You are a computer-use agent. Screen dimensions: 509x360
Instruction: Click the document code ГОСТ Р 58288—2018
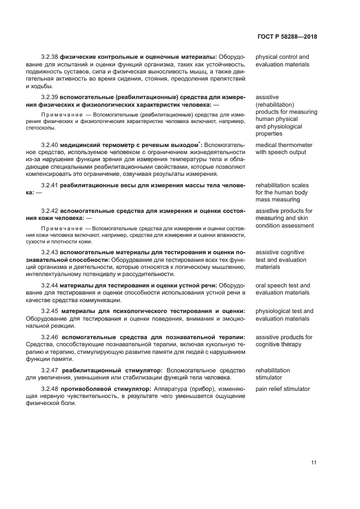[x=287, y=37]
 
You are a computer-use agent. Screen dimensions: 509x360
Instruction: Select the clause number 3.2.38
[x=49, y=57]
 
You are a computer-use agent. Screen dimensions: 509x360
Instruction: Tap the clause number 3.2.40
[x=49, y=145]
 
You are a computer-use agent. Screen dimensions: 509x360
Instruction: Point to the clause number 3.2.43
[x=49, y=253]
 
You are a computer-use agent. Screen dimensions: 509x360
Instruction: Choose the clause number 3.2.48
[x=49, y=389]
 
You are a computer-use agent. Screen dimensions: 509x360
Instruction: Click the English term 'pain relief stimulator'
[x=282, y=389]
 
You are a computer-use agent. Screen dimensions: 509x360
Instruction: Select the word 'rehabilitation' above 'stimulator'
[x=272, y=370]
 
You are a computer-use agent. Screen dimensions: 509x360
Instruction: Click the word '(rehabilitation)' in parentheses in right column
[x=274, y=104]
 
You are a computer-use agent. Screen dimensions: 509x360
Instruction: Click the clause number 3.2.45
[x=49, y=311]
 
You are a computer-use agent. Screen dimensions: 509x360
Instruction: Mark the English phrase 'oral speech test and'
[x=282, y=285]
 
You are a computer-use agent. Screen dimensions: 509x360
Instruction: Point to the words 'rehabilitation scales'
[x=281, y=185]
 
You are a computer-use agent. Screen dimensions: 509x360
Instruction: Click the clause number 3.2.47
[x=49, y=370]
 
